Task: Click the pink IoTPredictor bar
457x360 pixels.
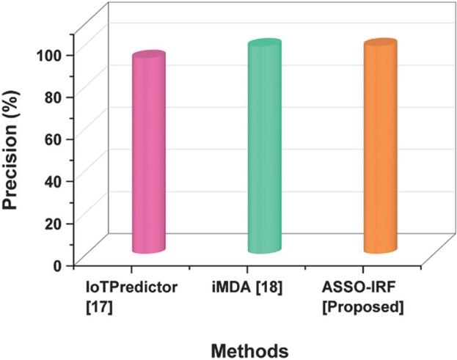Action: [148, 154]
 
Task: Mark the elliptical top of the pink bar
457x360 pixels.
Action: [148, 57]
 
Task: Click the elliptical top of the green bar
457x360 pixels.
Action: [264, 45]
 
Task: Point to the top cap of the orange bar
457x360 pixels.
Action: [380, 45]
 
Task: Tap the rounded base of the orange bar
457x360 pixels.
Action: [380, 249]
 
